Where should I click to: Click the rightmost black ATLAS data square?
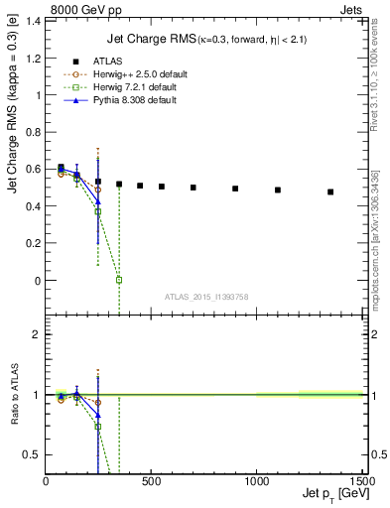(x=330, y=191)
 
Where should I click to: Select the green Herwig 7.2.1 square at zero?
(x=119, y=280)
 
